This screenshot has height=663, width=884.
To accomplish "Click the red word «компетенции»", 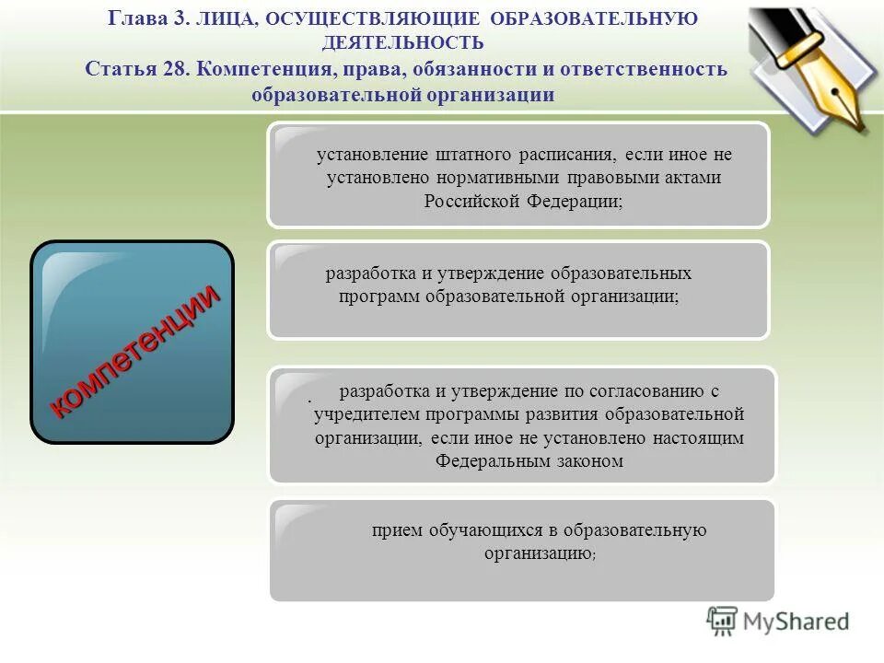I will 134,351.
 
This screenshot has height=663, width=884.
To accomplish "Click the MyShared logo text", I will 797,622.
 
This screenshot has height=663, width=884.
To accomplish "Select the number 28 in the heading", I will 175,70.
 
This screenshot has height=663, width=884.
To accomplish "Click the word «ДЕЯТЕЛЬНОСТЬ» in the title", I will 402,42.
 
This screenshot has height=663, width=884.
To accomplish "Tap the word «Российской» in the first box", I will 473,201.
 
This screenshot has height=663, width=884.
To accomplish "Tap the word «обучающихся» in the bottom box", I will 483,529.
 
